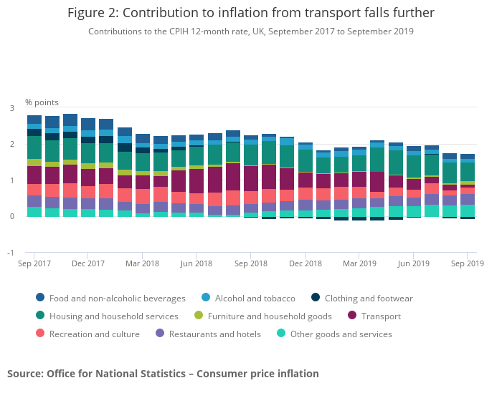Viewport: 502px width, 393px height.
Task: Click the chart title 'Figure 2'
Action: coord(250,13)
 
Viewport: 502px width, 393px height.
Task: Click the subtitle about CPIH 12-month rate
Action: coord(250,31)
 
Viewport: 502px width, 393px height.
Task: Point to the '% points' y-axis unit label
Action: coord(42,102)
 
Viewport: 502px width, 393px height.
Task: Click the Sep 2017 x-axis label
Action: coord(34,263)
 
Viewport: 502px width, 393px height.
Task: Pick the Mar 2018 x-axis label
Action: coord(141,263)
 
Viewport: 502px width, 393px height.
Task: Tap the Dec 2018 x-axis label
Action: coord(305,263)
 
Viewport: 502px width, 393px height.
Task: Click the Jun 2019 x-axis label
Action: coord(413,263)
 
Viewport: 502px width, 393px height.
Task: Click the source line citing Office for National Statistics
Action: coord(163,374)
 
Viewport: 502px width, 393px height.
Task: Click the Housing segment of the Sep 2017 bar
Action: coord(34,147)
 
